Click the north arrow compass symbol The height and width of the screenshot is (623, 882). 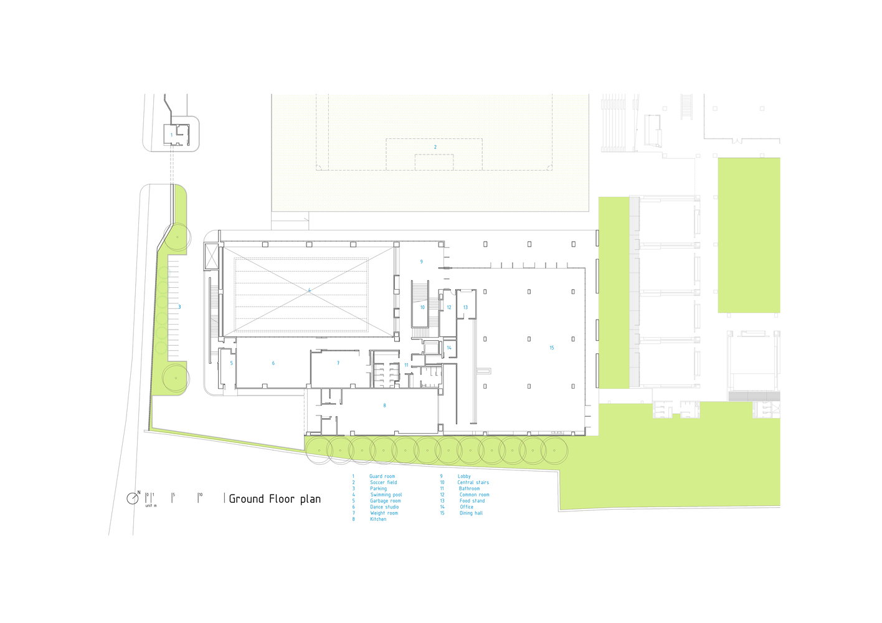point(133,498)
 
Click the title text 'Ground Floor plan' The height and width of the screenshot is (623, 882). point(275,498)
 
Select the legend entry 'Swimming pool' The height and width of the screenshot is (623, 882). point(386,495)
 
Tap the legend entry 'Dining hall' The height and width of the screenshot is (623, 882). point(471,513)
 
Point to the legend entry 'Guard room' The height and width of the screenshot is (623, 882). point(382,477)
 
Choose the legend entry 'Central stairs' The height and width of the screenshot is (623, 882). point(473,483)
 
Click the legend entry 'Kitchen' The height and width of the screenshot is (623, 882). point(378,520)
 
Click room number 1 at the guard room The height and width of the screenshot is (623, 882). point(172,135)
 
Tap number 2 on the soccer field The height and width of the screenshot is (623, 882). point(435,148)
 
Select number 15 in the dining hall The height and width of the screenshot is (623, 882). point(551,348)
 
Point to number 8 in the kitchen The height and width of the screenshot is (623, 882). point(384,406)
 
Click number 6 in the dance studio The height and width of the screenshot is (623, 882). point(273,363)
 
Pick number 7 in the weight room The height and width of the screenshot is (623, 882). point(338,363)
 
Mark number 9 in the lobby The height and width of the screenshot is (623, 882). point(422,262)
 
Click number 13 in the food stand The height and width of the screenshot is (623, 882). point(465,308)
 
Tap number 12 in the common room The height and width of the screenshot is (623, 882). point(449,308)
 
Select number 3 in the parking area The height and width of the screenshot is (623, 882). point(179,307)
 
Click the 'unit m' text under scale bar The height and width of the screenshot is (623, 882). point(151,506)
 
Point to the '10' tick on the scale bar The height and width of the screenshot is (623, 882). point(201,495)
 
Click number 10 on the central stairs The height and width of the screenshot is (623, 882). point(422,308)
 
